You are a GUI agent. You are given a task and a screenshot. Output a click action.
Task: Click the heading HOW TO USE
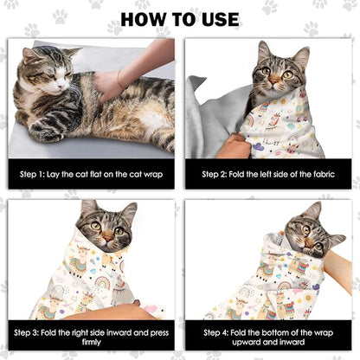pos(180,18)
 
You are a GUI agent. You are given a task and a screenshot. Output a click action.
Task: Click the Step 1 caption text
pos(92,174)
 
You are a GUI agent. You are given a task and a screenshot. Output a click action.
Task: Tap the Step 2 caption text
pos(269,174)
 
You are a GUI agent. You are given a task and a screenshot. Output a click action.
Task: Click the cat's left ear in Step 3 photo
pos(87,208)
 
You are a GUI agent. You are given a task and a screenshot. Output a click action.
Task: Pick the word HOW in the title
pos(144,18)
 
